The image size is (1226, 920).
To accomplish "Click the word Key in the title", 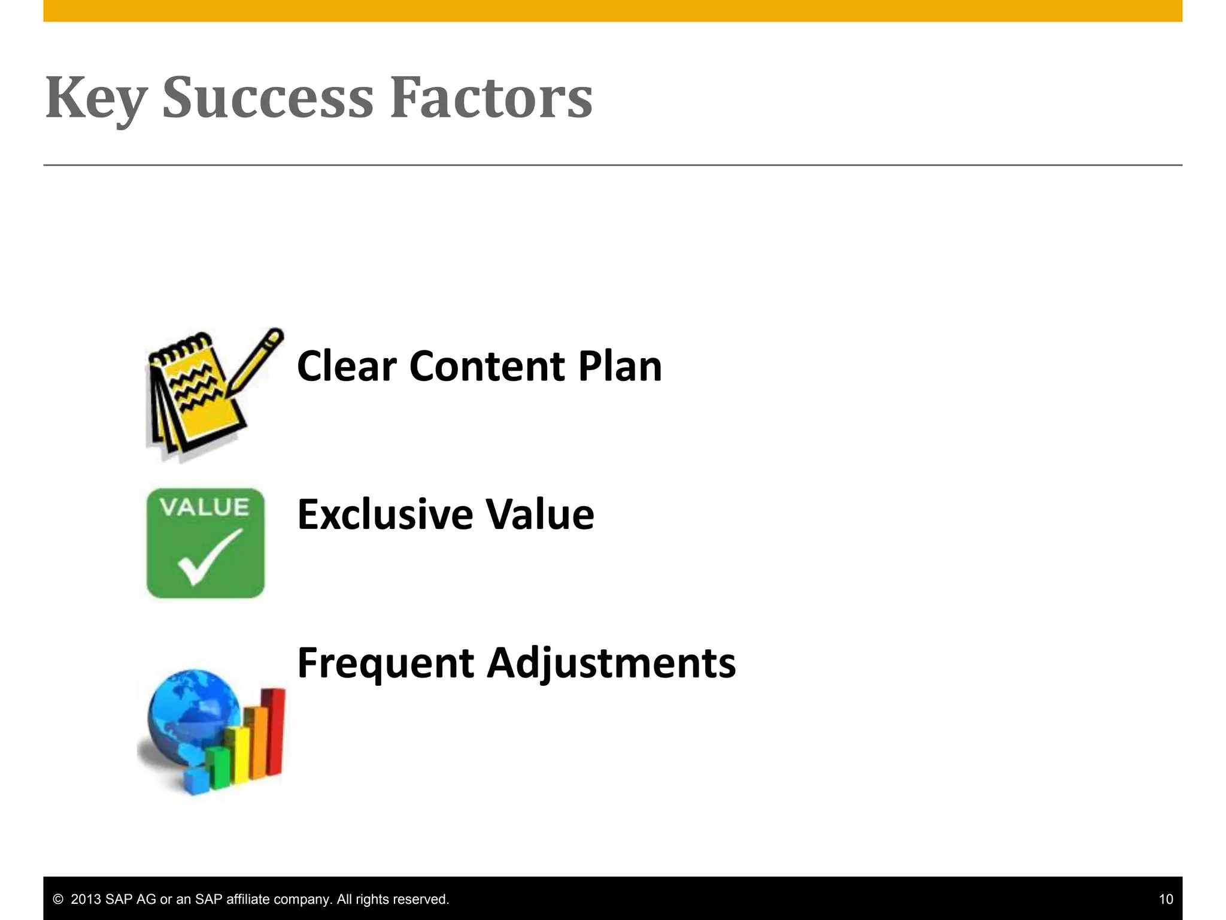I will [x=96, y=99].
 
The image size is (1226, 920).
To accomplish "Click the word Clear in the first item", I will [x=347, y=366].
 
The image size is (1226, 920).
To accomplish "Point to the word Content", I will [x=487, y=366].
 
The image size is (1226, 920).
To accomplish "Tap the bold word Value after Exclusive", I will [x=539, y=515].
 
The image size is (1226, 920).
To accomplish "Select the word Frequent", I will [x=386, y=663].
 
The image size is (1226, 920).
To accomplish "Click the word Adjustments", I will [x=611, y=663].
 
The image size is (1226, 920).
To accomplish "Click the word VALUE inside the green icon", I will [x=205, y=508].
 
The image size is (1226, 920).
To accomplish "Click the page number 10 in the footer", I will [x=1166, y=899].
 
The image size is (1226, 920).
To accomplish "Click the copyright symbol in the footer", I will [x=58, y=900].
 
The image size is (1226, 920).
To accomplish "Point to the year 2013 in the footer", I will [x=86, y=900].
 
